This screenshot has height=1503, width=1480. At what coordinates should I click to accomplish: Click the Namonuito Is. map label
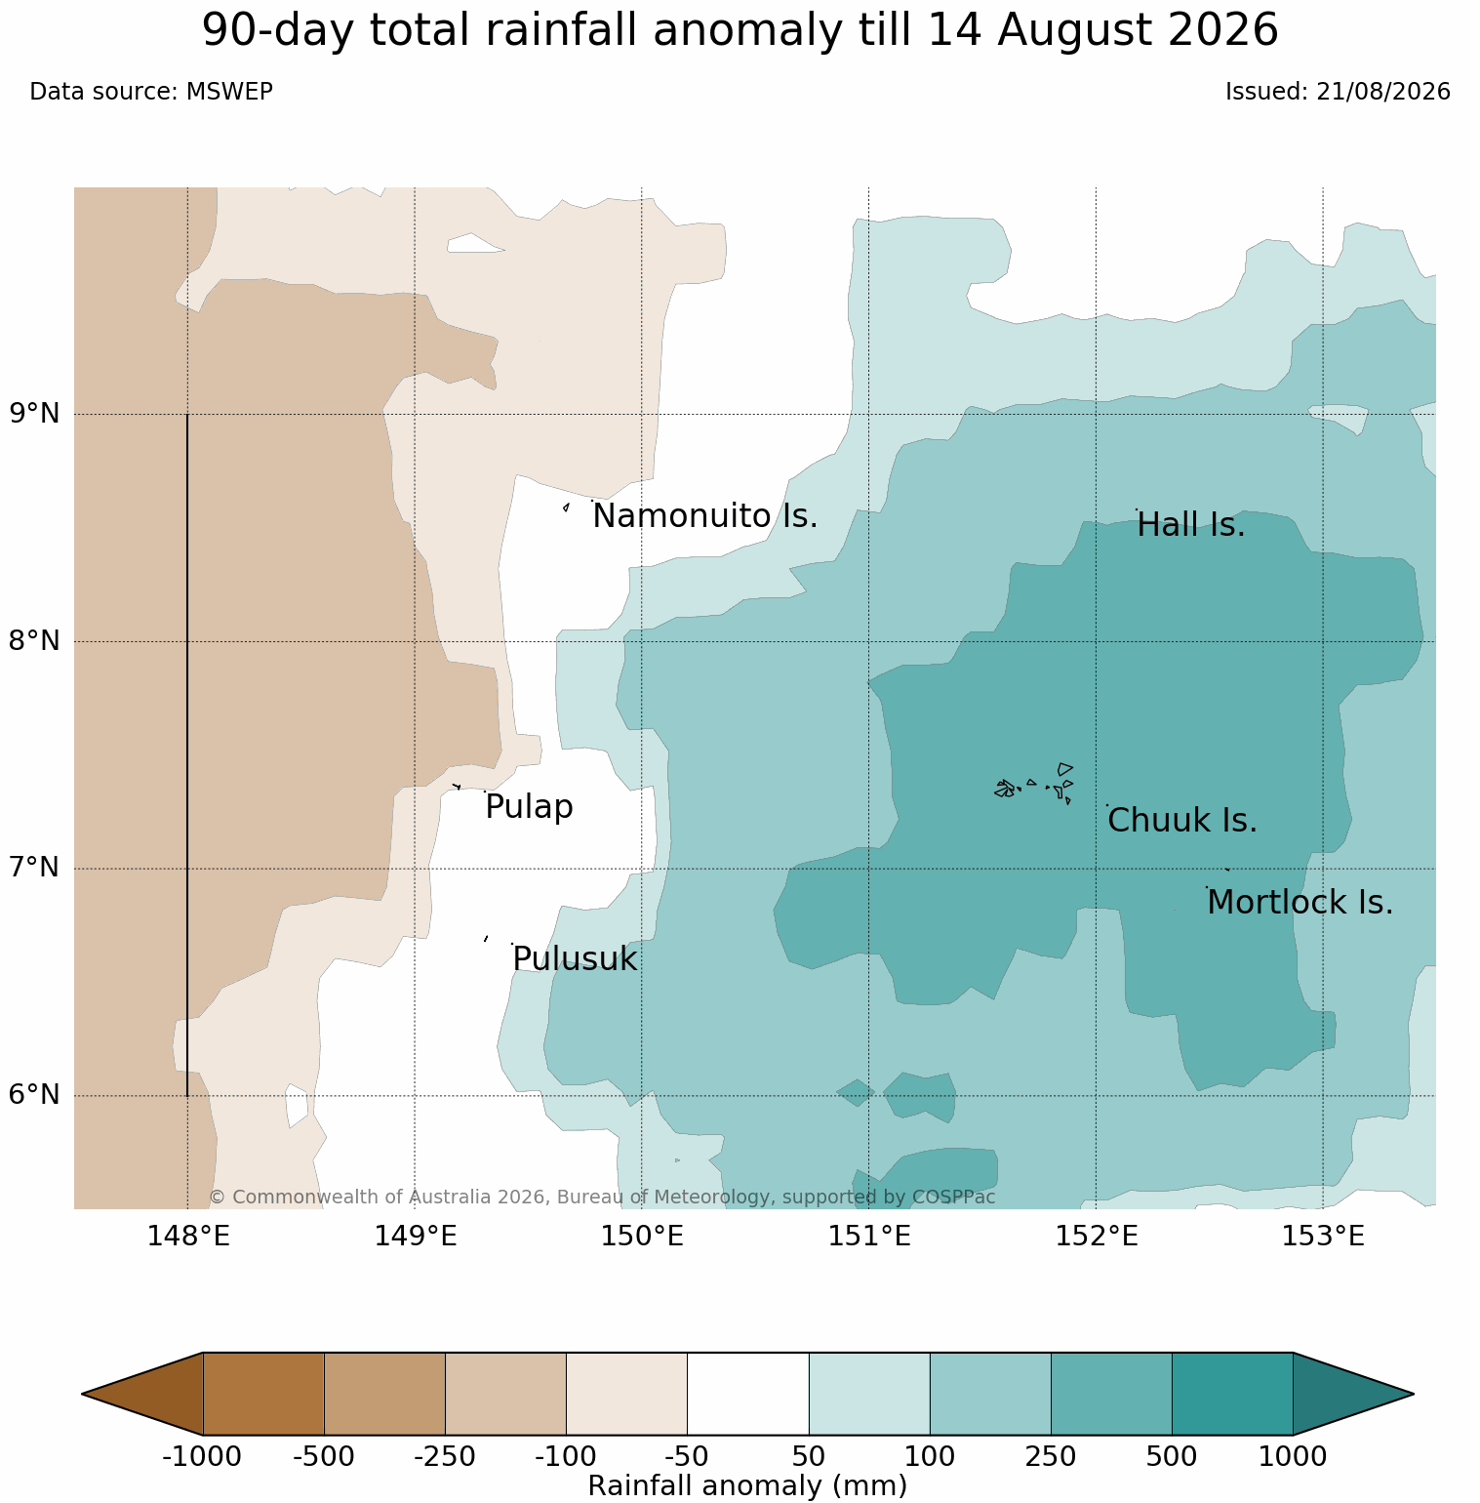705,516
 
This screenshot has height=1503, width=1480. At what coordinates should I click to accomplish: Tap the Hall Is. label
1191,525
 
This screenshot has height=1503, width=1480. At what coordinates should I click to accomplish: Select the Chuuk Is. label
1182,821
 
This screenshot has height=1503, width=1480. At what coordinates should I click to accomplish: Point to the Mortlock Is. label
1300,903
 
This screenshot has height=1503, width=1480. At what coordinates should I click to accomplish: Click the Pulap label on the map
529,807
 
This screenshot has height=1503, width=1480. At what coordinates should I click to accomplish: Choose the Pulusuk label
575,959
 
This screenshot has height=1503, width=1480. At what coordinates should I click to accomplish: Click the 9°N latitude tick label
35,414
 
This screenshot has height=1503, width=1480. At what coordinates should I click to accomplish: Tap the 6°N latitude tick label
35,1095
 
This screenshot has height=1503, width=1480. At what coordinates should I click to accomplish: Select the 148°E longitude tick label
188,1237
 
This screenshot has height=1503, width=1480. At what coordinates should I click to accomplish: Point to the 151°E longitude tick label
869,1237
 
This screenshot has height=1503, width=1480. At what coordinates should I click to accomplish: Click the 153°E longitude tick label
1323,1237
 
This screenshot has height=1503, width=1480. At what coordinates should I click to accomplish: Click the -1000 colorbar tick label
202,1457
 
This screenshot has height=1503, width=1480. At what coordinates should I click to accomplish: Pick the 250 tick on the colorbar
1051,1457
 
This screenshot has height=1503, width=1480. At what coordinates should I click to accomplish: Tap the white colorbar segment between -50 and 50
748,1394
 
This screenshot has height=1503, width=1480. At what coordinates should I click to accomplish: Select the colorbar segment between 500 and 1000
1232,1394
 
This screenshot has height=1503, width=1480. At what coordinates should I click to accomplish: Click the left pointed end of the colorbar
83,1394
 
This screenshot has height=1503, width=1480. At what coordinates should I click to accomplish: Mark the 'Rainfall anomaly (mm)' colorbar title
748,1485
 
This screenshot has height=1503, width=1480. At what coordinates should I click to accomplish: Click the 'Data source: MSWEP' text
151,92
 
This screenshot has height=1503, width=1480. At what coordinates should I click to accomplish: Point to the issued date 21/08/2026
1383,92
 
